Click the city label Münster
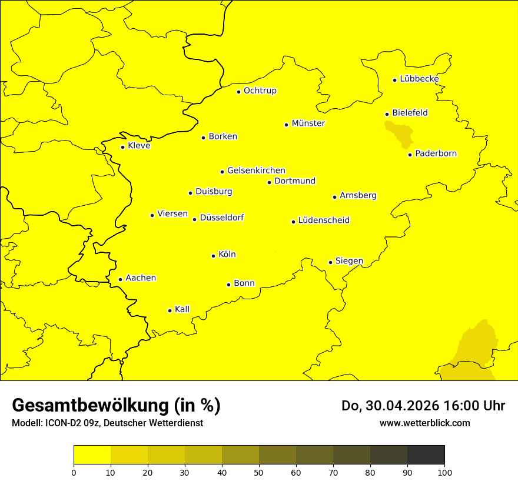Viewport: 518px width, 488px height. (x=308, y=123)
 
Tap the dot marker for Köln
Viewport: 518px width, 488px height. (x=213, y=256)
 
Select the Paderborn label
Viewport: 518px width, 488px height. (x=436, y=153)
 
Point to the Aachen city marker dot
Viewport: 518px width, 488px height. (x=120, y=279)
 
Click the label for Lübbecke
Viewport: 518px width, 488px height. (x=419, y=79)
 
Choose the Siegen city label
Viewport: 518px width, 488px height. (x=349, y=261)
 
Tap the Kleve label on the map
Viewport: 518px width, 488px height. (x=139, y=146)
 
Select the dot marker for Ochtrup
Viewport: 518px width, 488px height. (x=238, y=92)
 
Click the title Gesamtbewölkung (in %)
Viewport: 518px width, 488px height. (x=116, y=406)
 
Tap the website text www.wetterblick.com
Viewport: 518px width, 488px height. (x=424, y=423)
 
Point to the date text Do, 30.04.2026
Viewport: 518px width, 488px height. (x=390, y=406)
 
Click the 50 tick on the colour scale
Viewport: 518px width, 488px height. (x=259, y=472)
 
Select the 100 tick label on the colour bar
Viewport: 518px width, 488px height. (x=444, y=472)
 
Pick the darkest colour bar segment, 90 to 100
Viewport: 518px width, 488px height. (x=426, y=455)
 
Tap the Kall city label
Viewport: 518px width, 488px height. (x=182, y=309)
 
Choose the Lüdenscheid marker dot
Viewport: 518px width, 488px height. (x=293, y=222)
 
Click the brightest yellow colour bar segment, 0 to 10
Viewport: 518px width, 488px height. (x=92, y=455)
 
